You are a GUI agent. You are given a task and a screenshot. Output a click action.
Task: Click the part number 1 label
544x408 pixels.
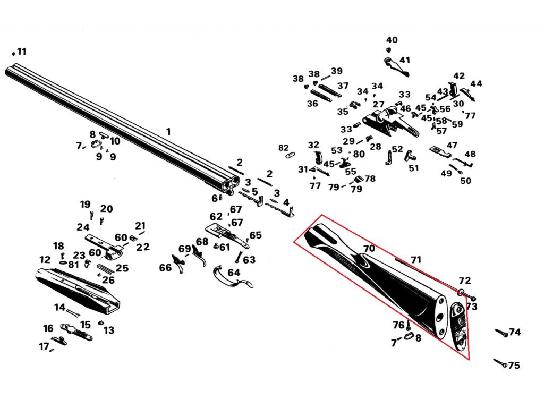[168, 132]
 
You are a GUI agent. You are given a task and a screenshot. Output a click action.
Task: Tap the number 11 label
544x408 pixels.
[21, 52]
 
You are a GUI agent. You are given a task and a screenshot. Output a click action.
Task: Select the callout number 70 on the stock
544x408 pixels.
[369, 249]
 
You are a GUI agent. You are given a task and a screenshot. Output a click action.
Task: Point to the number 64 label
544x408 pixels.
[234, 273]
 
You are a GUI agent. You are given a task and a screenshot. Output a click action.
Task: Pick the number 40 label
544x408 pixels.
[392, 40]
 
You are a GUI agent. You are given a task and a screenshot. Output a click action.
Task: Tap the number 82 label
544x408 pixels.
[284, 148]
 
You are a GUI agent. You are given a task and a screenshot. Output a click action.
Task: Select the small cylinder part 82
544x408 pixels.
[290, 155]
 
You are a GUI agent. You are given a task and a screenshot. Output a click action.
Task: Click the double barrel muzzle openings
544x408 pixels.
[231, 183]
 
